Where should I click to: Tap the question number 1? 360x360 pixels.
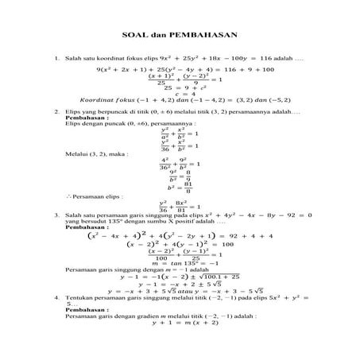pyautogui.click(x=56, y=59)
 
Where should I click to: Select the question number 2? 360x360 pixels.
pyautogui.click(x=56, y=112)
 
